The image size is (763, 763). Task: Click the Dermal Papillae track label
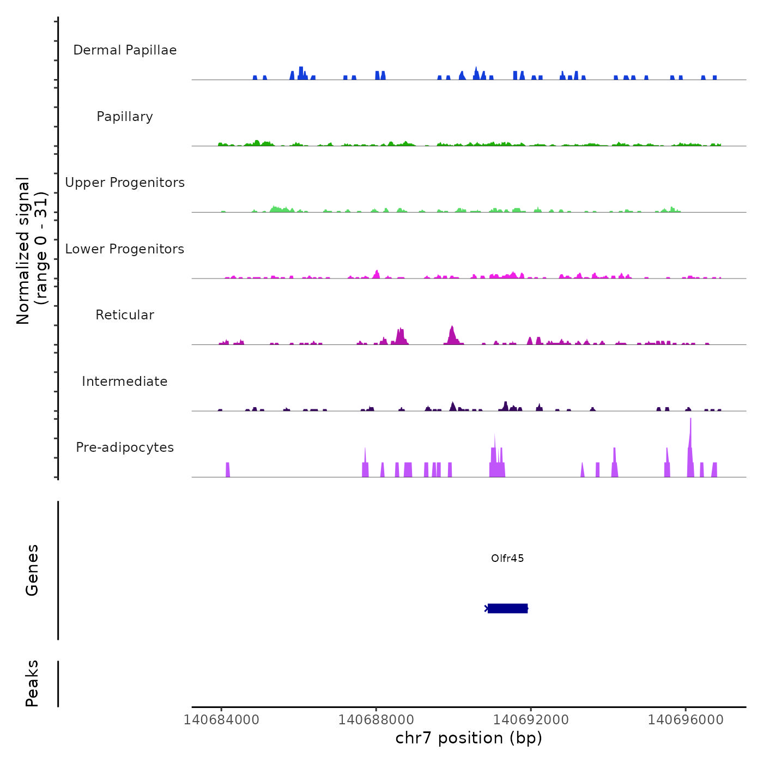pyautogui.click(x=125, y=50)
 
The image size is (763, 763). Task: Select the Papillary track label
pyautogui.click(x=125, y=117)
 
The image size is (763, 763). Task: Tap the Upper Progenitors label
pyautogui.click(x=125, y=183)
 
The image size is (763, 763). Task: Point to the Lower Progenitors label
pyautogui.click(x=125, y=249)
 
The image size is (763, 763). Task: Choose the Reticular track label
pyautogui.click(x=125, y=315)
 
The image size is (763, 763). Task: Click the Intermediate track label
pyautogui.click(x=125, y=381)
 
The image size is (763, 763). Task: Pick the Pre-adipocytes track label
pyautogui.click(x=125, y=447)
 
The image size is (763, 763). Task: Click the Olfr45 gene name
pyautogui.click(x=507, y=558)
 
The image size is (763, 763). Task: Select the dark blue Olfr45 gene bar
pyautogui.click(x=507, y=608)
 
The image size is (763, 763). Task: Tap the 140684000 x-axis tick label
pyautogui.click(x=221, y=720)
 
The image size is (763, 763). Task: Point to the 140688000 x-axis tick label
pyautogui.click(x=376, y=720)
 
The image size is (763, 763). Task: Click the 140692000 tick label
pyautogui.click(x=531, y=720)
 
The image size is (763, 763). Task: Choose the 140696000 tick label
pyautogui.click(x=686, y=720)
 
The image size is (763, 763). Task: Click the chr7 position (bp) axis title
pyautogui.click(x=469, y=738)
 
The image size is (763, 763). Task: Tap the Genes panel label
pyautogui.click(x=32, y=570)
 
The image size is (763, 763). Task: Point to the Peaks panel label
pyautogui.click(x=32, y=683)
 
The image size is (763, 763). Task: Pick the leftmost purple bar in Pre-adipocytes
pyautogui.click(x=228, y=469)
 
